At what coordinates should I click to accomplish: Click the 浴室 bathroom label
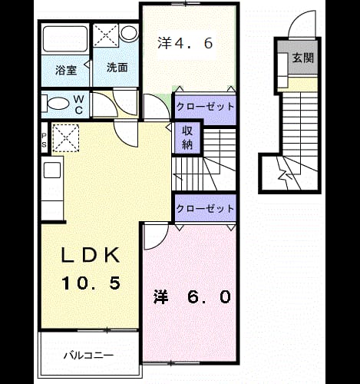coord(66,70)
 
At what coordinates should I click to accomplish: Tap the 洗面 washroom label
coord(117,68)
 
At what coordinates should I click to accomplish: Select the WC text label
coord(79,104)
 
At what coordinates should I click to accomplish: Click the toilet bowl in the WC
coord(58,104)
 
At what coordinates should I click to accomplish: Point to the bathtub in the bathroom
coord(65,39)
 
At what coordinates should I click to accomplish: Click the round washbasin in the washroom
coord(129,33)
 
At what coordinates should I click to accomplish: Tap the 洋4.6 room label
coord(185,43)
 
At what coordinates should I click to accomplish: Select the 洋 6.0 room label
coord(193,297)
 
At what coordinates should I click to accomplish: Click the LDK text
coord(91,255)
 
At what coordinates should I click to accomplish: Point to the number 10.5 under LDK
coord(91,283)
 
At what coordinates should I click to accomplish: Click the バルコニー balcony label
coord(89,356)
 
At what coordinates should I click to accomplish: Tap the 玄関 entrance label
coord(303,58)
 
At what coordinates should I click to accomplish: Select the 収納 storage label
coord(187,137)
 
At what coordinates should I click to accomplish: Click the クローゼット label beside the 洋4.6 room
coord(205,107)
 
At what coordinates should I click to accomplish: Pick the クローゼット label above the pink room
coord(205,209)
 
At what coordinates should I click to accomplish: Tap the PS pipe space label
coord(44,140)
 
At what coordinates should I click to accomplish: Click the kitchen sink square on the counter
coord(52,170)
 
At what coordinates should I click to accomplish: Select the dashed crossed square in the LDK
coord(66,138)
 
